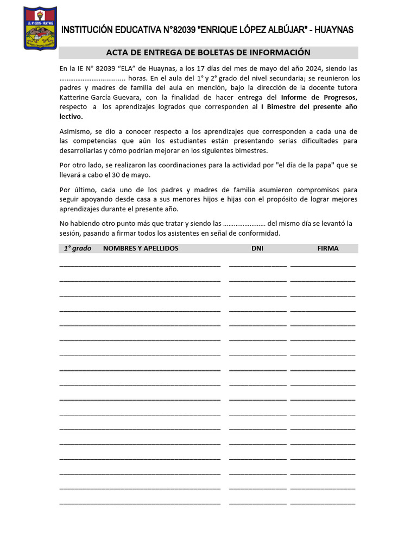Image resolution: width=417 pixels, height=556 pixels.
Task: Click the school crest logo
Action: [x=40, y=28]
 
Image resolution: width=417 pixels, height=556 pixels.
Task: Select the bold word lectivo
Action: [x=71, y=116]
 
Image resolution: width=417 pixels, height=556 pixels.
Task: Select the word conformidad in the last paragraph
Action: [x=260, y=233]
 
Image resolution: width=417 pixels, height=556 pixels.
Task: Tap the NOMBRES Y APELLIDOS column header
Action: [x=141, y=249]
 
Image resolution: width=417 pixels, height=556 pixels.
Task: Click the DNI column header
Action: [x=257, y=249]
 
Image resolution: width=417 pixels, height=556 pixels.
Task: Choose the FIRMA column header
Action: [x=328, y=249]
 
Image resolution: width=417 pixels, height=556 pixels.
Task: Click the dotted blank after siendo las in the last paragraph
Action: [x=244, y=224]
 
